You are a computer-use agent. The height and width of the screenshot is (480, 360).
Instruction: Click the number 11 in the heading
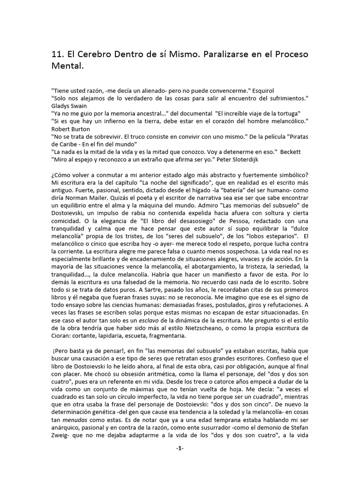pyautogui.click(x=56, y=54)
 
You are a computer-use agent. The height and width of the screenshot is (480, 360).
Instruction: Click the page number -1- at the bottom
pyautogui.click(x=180, y=449)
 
